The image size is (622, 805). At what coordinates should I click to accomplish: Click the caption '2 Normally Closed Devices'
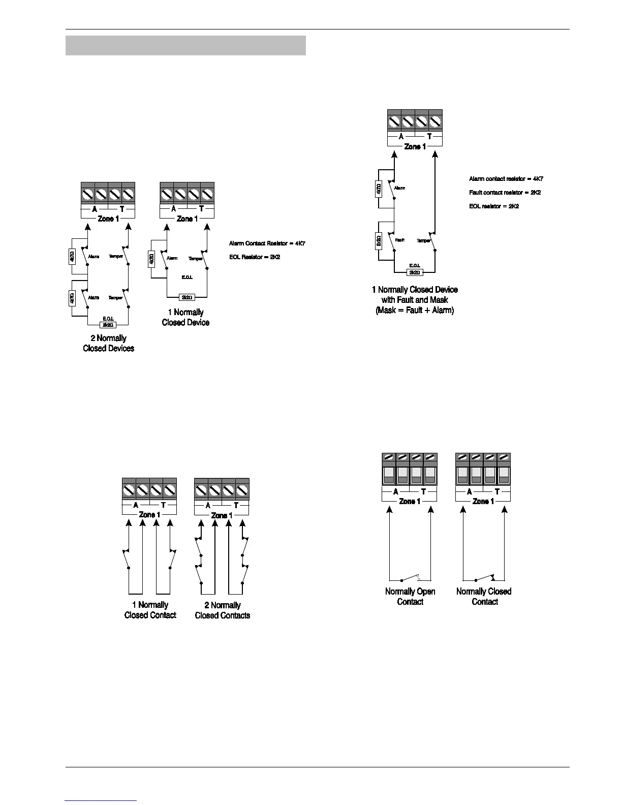pos(108,344)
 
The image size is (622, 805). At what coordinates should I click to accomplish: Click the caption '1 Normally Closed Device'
pos(185,318)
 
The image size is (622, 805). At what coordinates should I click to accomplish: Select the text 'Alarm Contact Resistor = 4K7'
pos(267,243)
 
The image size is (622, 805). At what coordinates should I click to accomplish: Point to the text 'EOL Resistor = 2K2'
pos(255,257)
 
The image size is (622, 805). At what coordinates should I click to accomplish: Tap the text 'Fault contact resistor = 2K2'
pos(501,193)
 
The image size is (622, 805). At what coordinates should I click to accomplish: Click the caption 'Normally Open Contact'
pos(410,597)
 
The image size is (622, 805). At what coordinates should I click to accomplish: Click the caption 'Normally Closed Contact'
pos(484,597)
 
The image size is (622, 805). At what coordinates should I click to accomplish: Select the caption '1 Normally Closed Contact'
pos(150,610)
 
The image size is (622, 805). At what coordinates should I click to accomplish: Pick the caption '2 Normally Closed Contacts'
pos(223,610)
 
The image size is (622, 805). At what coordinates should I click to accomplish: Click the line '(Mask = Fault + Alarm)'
pos(415,310)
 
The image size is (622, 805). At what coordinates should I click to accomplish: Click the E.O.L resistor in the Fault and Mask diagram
pos(415,272)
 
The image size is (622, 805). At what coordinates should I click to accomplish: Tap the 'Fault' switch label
pos(400,240)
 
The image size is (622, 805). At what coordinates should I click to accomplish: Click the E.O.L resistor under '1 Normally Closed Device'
pos(187,297)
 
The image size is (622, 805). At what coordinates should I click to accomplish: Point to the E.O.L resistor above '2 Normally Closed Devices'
pos(108,324)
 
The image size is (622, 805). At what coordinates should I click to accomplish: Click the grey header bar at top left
pos(185,45)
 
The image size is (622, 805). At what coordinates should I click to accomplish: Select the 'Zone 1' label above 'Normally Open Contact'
pos(410,501)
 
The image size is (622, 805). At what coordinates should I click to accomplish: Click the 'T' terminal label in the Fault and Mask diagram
pos(429,136)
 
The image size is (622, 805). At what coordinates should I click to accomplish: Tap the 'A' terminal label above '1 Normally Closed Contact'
pos(136,505)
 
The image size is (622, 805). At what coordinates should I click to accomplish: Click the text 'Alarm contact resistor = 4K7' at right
pos(506,179)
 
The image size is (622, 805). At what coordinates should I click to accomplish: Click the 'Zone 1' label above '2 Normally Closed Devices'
pos(108,219)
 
